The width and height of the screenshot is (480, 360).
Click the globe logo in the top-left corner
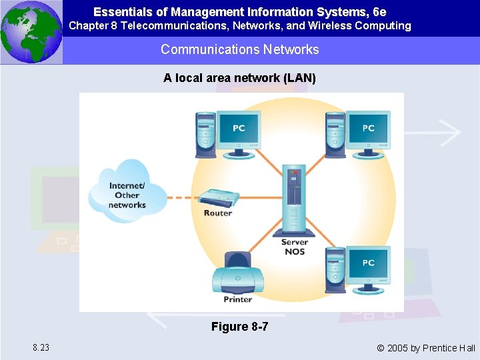[31, 32]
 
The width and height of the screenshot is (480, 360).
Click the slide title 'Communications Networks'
[239, 49]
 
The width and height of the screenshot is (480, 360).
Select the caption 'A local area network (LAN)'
[239, 78]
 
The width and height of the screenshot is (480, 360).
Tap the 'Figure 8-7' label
[239, 327]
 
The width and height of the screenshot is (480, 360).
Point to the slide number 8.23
[40, 347]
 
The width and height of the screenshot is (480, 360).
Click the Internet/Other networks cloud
[128, 190]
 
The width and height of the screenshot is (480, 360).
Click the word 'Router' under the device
[218, 213]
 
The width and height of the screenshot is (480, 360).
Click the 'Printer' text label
[238, 299]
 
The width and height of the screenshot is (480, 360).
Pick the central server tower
[294, 200]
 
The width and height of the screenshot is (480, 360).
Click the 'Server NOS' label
[294, 247]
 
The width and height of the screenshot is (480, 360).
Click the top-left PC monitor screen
[238, 128]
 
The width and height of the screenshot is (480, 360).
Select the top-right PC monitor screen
[368, 128]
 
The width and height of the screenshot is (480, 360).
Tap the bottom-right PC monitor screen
[368, 264]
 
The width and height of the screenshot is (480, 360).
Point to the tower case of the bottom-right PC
[335, 270]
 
